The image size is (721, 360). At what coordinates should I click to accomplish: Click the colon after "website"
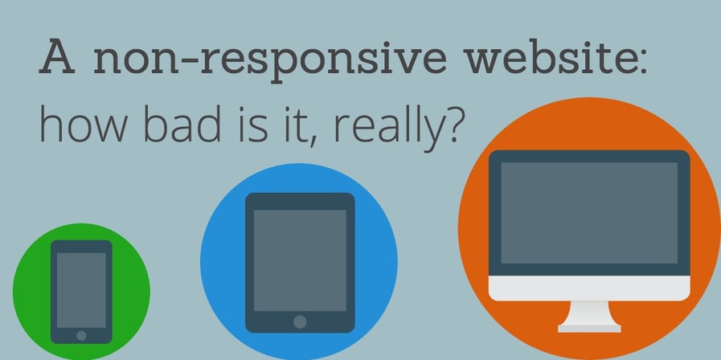click(641, 64)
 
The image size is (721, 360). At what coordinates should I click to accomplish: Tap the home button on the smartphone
click(81, 334)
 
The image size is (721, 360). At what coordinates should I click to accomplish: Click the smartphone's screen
click(81, 289)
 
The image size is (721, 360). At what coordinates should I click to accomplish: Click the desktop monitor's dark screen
click(589, 212)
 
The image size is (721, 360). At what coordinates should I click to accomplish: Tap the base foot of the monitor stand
click(589, 327)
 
